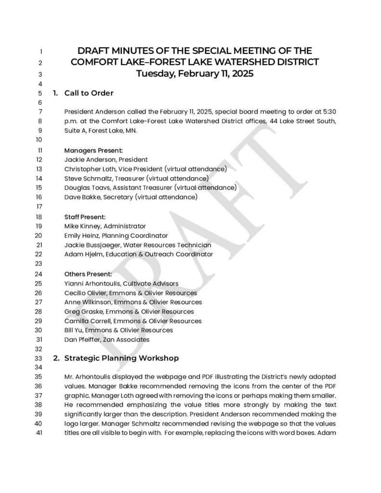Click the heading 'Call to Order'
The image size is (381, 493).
point(89,93)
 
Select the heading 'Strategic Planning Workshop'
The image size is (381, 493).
point(121,358)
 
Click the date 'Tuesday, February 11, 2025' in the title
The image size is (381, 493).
point(195,74)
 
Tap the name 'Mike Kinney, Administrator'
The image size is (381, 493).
point(105,226)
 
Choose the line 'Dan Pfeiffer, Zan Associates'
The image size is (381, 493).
point(106,339)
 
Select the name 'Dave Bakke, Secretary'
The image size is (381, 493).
point(98,197)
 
